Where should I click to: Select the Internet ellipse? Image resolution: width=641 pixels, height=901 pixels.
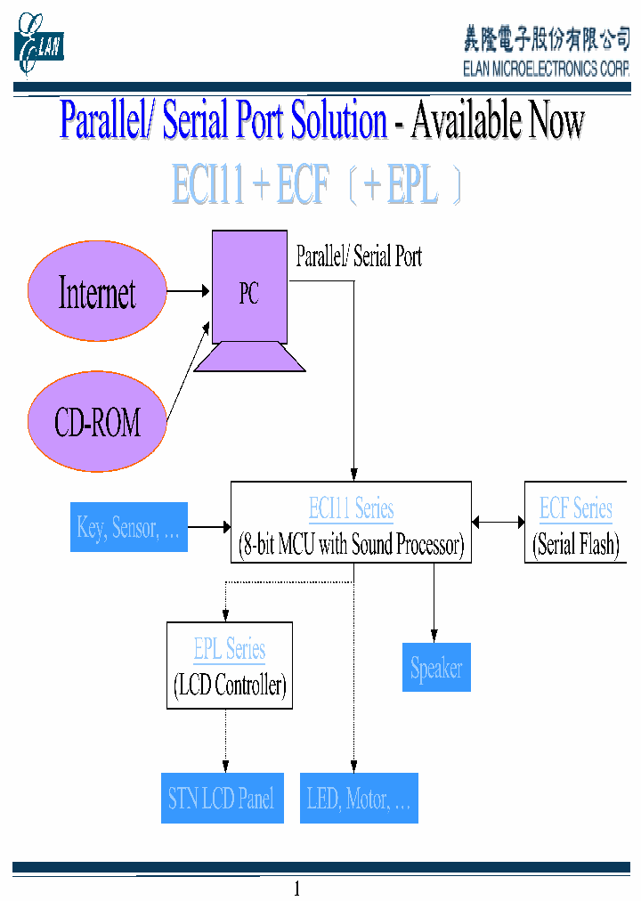(x=97, y=291)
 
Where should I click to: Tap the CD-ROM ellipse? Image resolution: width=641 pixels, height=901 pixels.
(x=97, y=422)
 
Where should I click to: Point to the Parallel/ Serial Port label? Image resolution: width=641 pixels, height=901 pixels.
(x=359, y=257)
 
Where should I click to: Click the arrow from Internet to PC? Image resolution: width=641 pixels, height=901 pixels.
(x=188, y=291)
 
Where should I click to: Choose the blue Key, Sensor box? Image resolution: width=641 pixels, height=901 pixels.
(x=129, y=527)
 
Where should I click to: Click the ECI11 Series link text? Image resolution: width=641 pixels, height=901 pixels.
(x=351, y=509)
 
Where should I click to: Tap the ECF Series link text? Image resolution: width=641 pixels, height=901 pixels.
(x=576, y=509)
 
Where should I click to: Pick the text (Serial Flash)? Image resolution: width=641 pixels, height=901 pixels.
(x=576, y=545)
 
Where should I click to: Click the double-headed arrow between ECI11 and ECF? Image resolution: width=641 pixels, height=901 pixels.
(x=499, y=523)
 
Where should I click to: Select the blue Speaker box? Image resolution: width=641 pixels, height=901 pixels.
(x=436, y=668)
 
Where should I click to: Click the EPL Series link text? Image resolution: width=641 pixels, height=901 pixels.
(x=230, y=650)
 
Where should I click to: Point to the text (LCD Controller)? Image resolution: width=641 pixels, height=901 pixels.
(x=230, y=686)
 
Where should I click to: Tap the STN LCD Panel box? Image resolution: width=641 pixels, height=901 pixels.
(x=222, y=799)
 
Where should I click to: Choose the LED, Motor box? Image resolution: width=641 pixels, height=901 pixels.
(x=359, y=799)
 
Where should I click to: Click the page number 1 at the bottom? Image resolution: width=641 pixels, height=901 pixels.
(x=297, y=889)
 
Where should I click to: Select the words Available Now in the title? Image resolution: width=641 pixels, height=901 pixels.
(x=497, y=121)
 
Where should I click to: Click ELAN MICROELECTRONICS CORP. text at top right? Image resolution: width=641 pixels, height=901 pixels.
(x=546, y=69)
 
